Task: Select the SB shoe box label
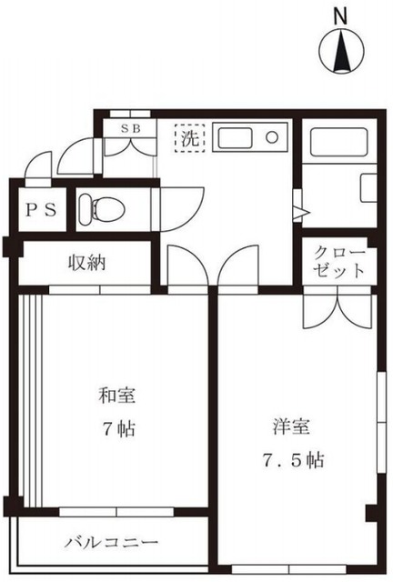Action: pyautogui.click(x=131, y=128)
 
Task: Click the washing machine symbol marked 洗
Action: pyautogui.click(x=190, y=139)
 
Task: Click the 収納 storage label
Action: pyautogui.click(x=87, y=264)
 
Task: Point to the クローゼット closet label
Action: pyautogui.click(x=340, y=261)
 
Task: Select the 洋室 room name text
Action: pyautogui.click(x=290, y=426)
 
